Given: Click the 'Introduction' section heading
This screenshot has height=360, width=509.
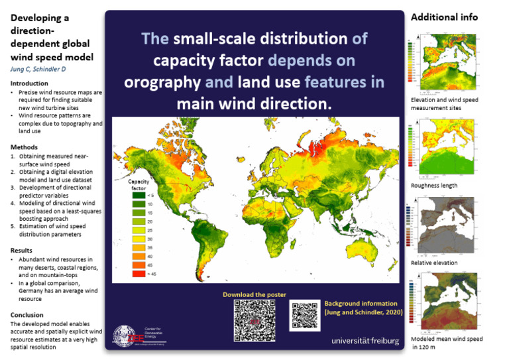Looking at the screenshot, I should [x=29, y=83].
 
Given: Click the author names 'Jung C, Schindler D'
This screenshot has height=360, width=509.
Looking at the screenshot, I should [x=42, y=69].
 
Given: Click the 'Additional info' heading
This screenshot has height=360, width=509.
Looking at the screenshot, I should [x=444, y=17].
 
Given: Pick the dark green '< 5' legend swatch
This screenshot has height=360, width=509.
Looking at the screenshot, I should [x=138, y=196].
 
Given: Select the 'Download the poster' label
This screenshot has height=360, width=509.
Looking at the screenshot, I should [x=254, y=294].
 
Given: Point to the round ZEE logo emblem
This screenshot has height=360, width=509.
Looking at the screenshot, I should [x=127, y=335].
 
